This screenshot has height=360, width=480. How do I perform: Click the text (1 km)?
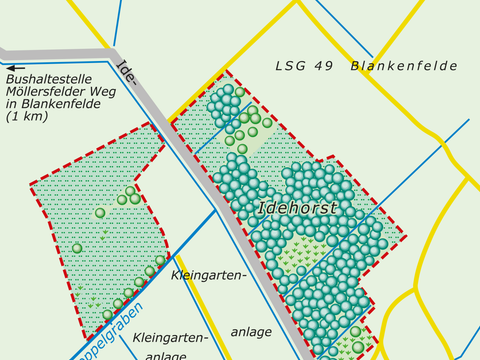click(25, 117)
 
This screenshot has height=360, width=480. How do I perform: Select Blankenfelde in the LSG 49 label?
click(404, 66)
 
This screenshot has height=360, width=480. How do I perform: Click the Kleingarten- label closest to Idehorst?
click(208, 275)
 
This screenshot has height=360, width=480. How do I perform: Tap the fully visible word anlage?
click(251, 330)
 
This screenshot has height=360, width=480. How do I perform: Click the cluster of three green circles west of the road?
click(128, 196)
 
